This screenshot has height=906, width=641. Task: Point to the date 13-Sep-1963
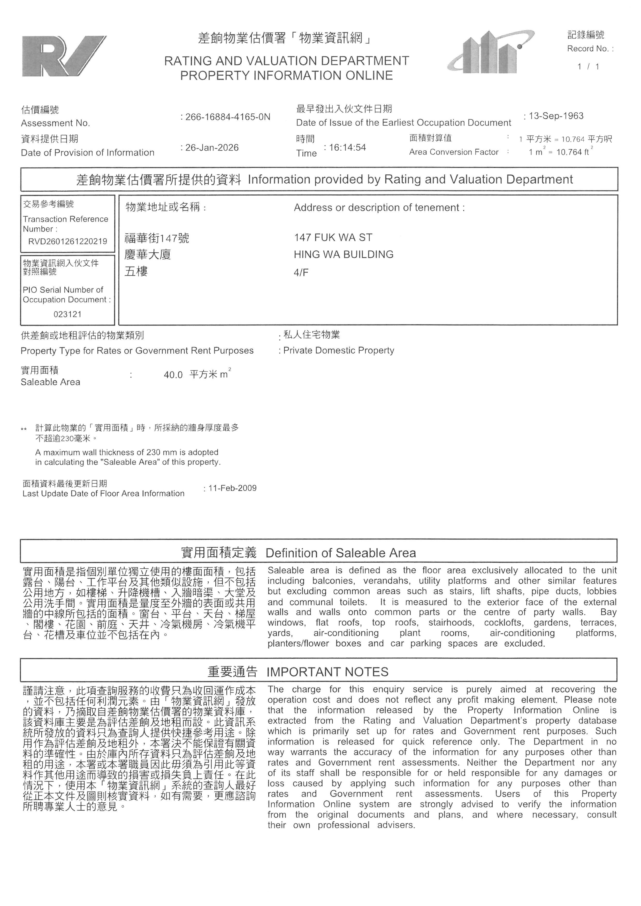[556, 116]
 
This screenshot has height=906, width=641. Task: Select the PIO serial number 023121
[67, 314]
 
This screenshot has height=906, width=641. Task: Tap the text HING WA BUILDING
[344, 254]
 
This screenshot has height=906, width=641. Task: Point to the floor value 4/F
[301, 272]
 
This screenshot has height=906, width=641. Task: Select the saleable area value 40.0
[173, 375]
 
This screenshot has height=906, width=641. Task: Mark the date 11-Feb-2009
[232, 488]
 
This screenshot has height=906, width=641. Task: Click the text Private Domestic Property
[339, 350]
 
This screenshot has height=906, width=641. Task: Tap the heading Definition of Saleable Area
[341, 553]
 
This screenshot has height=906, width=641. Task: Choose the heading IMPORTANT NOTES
[327, 672]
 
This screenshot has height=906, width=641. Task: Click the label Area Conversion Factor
[454, 152]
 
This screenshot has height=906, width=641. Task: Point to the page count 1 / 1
[588, 67]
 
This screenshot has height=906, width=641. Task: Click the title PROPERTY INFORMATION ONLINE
[287, 75]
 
